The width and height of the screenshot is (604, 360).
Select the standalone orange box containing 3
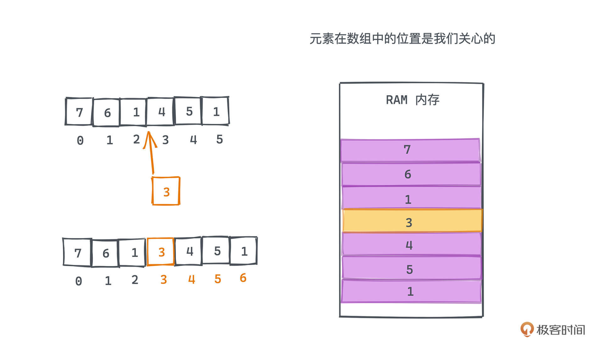(x=166, y=191)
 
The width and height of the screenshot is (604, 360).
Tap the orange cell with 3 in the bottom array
(x=160, y=252)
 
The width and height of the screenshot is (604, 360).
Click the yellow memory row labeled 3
(x=412, y=221)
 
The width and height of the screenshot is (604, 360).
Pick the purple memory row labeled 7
(x=410, y=150)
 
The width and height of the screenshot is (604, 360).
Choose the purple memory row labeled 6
(x=411, y=174)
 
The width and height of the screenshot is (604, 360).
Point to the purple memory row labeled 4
(x=411, y=244)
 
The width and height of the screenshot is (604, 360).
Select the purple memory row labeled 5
(x=411, y=268)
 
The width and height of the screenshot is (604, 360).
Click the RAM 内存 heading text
(x=412, y=100)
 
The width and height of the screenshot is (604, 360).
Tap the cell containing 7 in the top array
(x=79, y=112)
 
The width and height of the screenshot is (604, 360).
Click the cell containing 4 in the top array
(x=161, y=112)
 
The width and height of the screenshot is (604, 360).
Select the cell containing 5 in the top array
(x=188, y=111)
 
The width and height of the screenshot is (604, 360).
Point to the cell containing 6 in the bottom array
(x=105, y=252)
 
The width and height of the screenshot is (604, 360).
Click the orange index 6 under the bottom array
(x=243, y=278)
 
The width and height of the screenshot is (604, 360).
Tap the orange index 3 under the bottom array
(x=164, y=279)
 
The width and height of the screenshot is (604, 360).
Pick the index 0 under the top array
(x=80, y=140)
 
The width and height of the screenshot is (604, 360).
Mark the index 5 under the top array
(x=220, y=139)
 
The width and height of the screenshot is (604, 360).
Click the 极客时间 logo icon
(x=527, y=329)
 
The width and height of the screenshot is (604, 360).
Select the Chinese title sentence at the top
(x=402, y=39)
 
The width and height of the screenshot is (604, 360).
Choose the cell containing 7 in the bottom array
(x=78, y=252)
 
